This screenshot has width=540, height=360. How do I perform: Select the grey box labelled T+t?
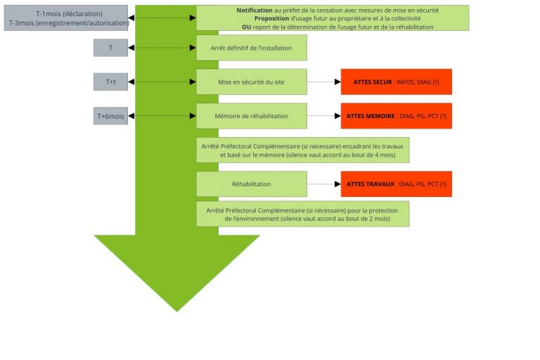[x=110, y=82]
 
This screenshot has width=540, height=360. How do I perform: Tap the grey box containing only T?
[x=110, y=48]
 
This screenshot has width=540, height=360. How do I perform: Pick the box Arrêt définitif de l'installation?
[x=251, y=48]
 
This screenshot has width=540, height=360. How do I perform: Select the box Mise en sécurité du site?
[x=251, y=82]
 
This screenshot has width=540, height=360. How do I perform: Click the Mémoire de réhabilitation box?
[x=251, y=116]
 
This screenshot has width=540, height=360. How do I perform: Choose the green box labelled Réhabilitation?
[x=251, y=184]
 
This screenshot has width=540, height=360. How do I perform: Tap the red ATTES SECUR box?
[x=396, y=82]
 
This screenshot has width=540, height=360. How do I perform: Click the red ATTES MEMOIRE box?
[x=396, y=116]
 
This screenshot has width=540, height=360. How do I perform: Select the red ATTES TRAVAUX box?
[x=396, y=184]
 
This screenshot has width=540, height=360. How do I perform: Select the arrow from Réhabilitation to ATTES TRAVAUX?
[x=324, y=184]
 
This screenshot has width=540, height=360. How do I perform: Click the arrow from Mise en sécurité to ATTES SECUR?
[x=324, y=82]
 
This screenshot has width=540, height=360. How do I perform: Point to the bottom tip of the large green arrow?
[x=176, y=310]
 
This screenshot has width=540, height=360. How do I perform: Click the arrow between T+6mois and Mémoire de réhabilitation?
[x=162, y=116]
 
